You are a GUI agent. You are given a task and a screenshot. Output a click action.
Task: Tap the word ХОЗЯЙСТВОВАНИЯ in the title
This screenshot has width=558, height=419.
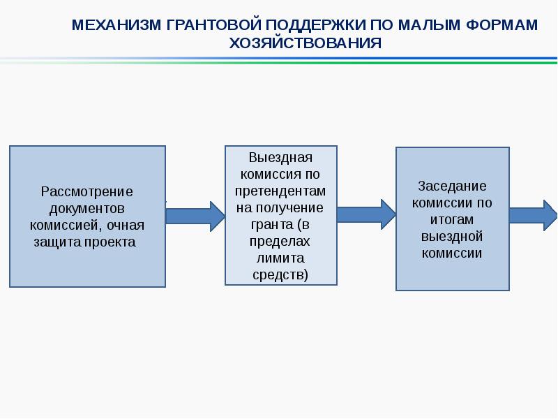click(x=306, y=43)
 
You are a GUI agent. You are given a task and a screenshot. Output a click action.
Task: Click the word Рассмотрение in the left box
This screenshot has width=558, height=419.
click(x=87, y=191)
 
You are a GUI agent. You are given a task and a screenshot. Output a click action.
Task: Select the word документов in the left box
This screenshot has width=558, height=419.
click(x=87, y=208)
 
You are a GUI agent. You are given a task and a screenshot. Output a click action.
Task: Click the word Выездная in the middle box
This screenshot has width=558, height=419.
click(x=280, y=157)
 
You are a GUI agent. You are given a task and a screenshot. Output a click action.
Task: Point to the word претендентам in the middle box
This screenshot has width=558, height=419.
click(x=280, y=191)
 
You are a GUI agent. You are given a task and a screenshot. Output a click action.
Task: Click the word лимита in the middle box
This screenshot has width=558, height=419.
click(x=280, y=258)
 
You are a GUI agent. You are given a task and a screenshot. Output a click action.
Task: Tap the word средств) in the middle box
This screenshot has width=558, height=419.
click(x=280, y=275)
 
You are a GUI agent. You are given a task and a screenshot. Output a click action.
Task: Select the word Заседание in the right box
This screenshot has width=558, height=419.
click(x=452, y=186)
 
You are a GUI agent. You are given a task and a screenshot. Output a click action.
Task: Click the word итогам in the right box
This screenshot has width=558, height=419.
click(x=452, y=220)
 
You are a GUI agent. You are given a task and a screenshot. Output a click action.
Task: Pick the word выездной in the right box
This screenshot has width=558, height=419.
click(x=452, y=237)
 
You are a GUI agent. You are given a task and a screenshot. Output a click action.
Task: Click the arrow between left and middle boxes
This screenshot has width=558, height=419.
click(x=195, y=215)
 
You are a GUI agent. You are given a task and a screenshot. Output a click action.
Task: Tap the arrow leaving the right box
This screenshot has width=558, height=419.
click(x=534, y=215)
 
